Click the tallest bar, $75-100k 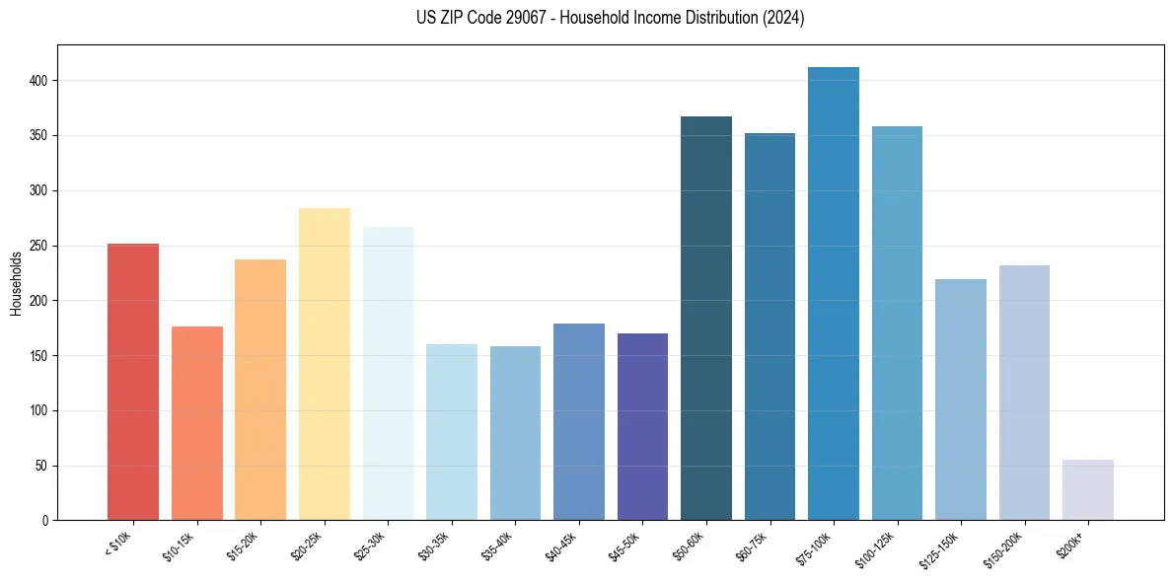833,296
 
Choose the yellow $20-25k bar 324,365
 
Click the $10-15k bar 196,424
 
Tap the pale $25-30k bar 388,374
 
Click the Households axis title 17,283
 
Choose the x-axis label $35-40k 499,545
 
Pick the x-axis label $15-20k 245,545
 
